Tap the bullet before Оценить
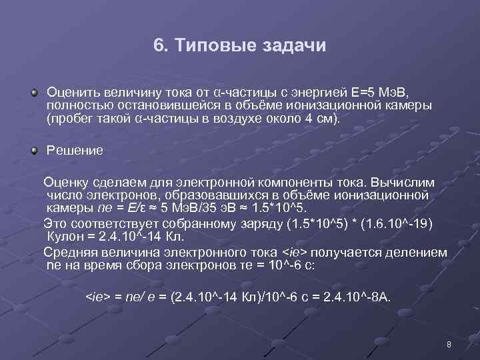(33, 90)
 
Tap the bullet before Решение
(33, 150)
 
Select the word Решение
(75, 151)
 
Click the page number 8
(449, 345)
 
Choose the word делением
(415, 252)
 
